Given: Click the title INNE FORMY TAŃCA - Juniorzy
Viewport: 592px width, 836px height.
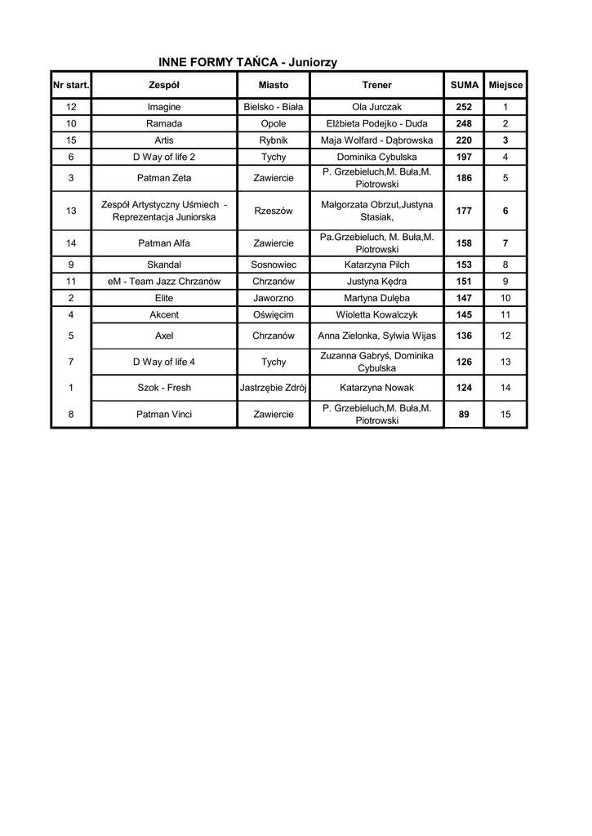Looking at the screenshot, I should point(247,62).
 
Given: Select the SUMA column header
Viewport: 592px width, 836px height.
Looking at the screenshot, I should point(464,85).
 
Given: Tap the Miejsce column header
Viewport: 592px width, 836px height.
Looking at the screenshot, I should point(505,85).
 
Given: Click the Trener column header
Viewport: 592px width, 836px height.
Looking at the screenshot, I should point(376,85).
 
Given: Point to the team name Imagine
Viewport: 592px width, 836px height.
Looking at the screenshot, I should point(164,107).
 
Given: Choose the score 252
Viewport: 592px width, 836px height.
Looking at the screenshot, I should point(464,107).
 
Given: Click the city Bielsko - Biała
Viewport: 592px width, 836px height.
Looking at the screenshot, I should point(274,107).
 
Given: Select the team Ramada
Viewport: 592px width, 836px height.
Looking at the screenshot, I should point(164,123).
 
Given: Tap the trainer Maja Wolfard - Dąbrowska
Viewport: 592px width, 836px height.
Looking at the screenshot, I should point(376,140).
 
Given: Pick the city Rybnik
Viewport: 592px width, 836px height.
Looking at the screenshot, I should point(274,140).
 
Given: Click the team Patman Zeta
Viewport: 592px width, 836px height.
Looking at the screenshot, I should point(164,178).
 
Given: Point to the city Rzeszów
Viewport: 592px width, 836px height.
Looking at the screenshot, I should point(274,211).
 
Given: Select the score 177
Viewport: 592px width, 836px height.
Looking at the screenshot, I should point(464,211).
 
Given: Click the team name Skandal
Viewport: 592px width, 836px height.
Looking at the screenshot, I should point(164,265).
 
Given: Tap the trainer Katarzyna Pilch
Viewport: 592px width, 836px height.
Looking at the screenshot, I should point(376,265).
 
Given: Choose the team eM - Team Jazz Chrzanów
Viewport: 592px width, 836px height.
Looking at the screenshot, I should point(164,282).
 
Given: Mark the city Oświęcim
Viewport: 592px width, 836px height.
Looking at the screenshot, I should point(274,314).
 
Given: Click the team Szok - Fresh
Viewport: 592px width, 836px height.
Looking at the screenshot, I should point(164,387).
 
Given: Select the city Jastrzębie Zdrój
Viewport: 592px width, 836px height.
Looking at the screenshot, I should point(274,387).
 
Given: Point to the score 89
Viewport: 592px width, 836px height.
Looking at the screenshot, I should point(464,414).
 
